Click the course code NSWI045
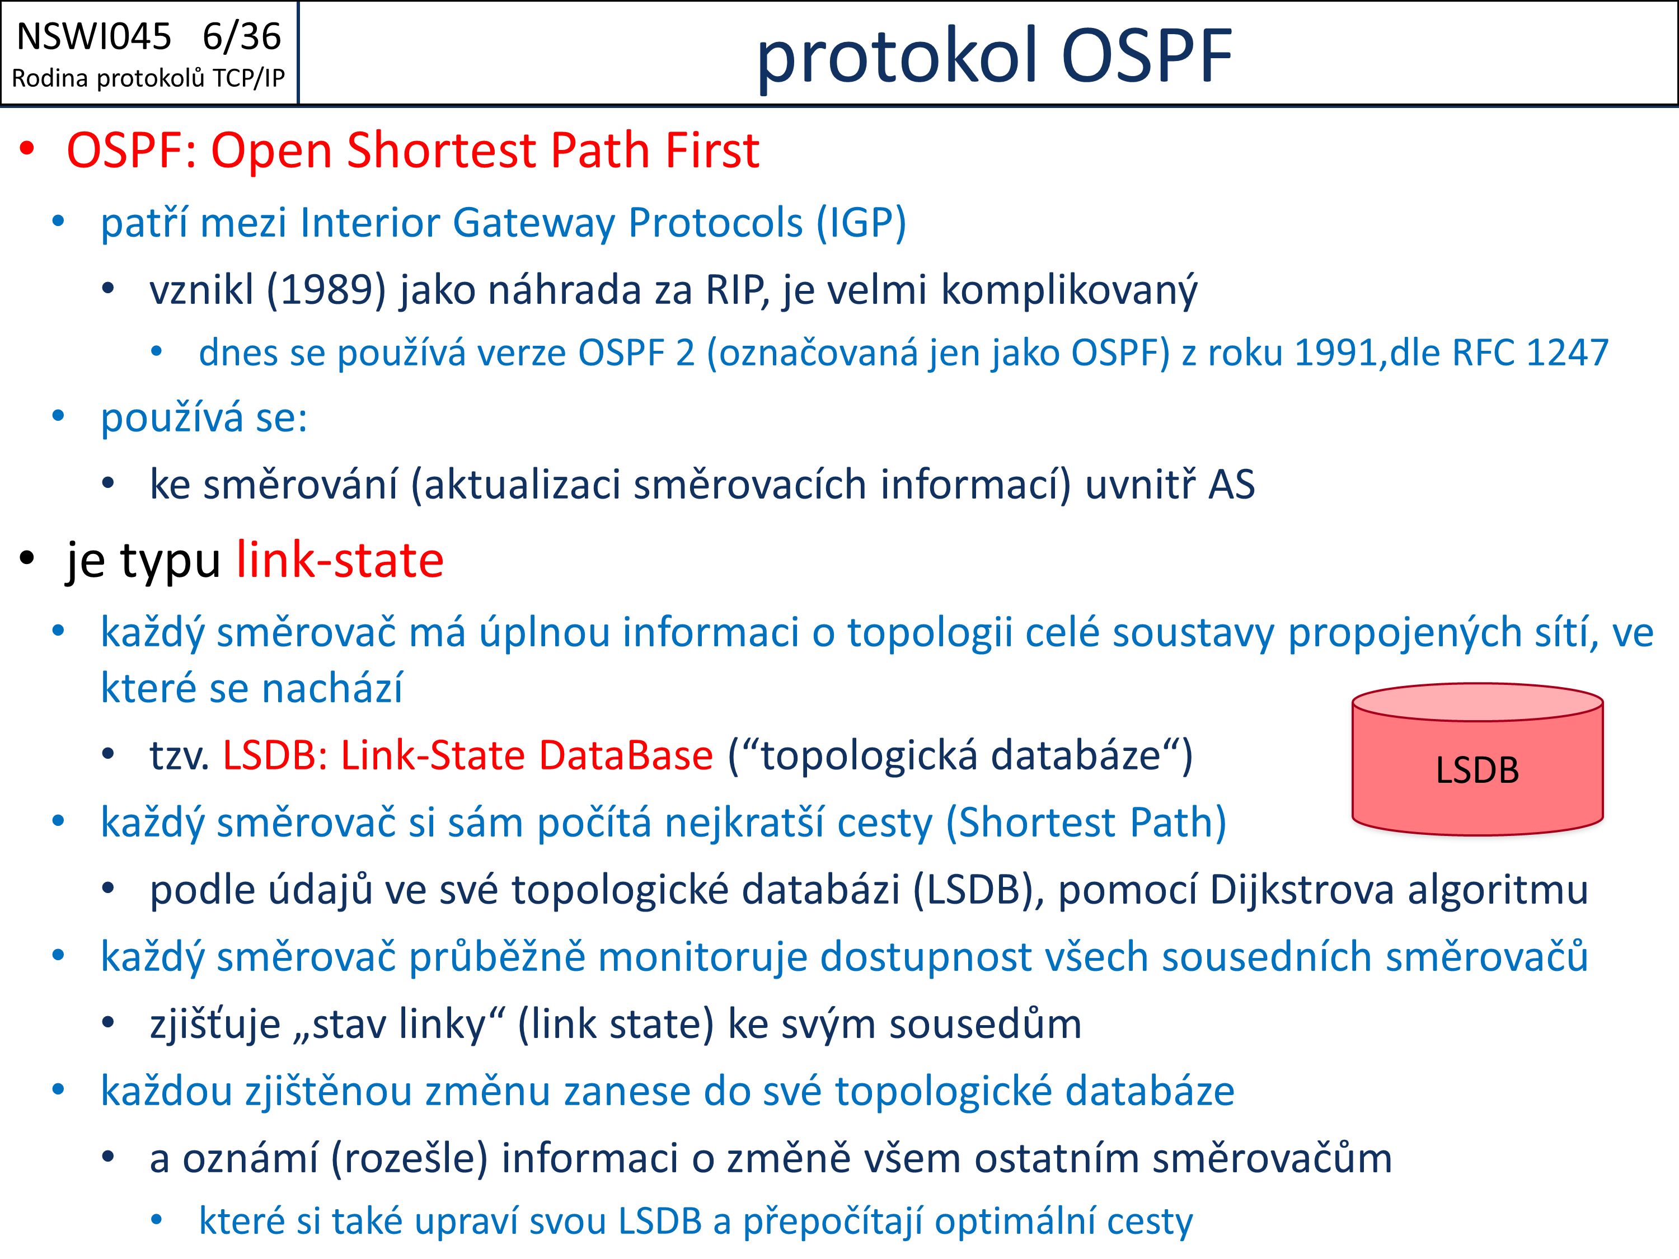click(94, 36)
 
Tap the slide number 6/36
click(242, 36)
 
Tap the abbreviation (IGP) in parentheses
click(861, 223)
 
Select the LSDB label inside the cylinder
click(1477, 771)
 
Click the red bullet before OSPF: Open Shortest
click(27, 149)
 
